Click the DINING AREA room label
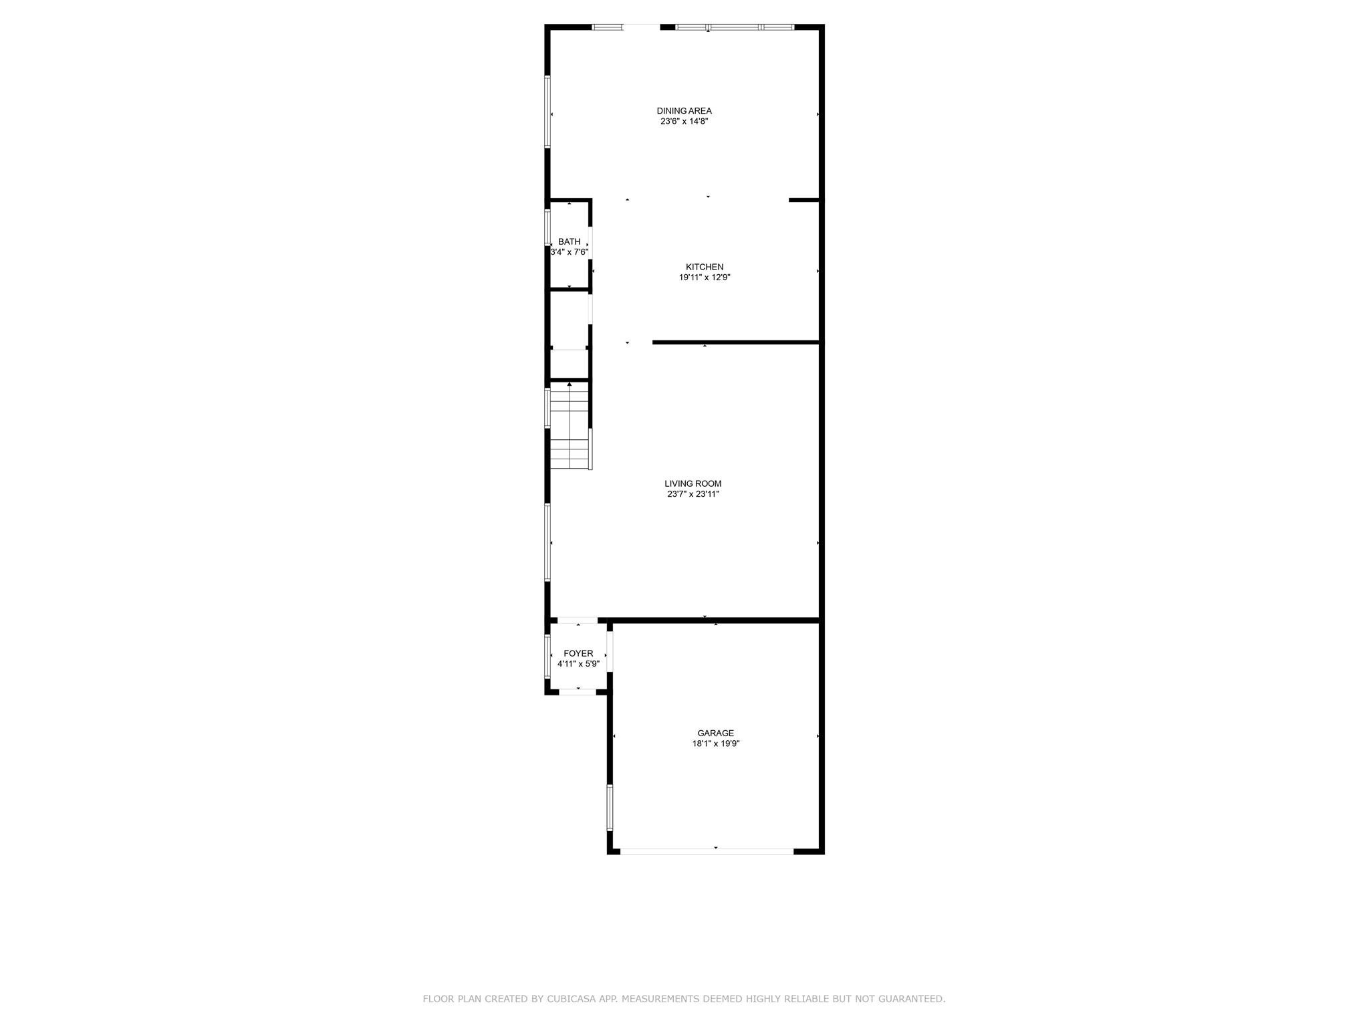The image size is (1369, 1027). click(x=684, y=111)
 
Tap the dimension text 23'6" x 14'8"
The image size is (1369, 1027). click(x=684, y=122)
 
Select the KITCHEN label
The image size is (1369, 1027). click(x=705, y=267)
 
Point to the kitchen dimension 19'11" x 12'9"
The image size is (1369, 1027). click(x=705, y=277)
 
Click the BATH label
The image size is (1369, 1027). click(x=569, y=241)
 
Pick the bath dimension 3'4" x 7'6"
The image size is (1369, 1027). click(x=569, y=252)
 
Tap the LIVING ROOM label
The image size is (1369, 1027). click(x=693, y=483)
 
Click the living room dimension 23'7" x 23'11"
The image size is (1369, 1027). click(x=693, y=494)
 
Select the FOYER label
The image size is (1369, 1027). click(x=578, y=653)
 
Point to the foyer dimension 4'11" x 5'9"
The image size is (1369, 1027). click(x=578, y=664)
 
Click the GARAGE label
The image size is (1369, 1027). click(x=715, y=733)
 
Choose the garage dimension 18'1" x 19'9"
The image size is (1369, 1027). click(x=715, y=744)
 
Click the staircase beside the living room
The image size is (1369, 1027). click(x=570, y=428)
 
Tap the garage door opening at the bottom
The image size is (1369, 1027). click(x=707, y=851)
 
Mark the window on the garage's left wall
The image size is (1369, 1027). click(x=610, y=807)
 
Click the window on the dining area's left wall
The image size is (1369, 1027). click(x=547, y=112)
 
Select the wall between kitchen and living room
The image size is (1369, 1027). click(x=735, y=342)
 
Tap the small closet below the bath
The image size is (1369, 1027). click(x=569, y=320)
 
